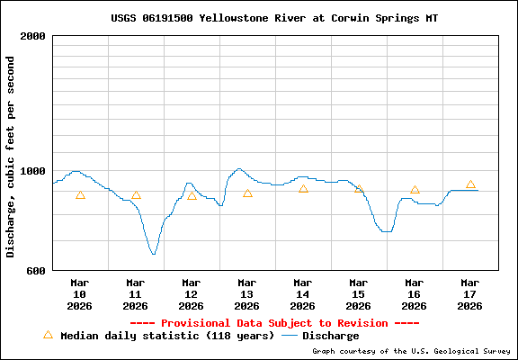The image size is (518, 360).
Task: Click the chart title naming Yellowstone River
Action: pos(274,17)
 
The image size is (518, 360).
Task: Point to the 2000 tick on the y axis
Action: pos(33,37)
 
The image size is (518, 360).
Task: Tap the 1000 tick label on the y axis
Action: pos(33,171)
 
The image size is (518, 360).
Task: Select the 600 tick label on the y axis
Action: pos(36,270)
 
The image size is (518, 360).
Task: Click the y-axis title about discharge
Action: pos(11,156)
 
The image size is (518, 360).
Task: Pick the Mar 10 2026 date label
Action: pos(80,293)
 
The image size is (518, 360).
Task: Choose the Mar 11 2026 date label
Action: pos(136,293)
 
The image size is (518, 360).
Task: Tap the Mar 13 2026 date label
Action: pos(247,293)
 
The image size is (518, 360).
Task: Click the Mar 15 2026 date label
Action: pos(359,293)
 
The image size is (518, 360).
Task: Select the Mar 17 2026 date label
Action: pos(470,293)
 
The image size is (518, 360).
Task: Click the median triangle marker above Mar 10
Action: pos(80,195)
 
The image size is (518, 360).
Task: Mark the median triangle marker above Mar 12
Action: pos(192,195)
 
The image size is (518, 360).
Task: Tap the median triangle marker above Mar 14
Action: pos(303,188)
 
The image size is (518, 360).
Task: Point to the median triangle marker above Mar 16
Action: pos(415,190)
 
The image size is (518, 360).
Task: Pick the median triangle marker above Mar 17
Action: pos(470,184)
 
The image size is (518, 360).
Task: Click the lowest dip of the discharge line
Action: pos(154,254)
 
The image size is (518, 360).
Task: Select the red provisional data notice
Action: pos(274,322)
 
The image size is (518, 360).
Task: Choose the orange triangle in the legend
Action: pos(49,335)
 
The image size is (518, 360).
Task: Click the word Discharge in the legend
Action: pos(330,336)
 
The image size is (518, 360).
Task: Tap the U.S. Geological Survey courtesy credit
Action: pos(411,351)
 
